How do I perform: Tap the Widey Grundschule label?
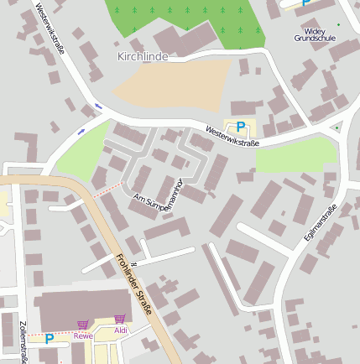[x=316, y=34]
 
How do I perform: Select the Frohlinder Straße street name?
[x=135, y=286]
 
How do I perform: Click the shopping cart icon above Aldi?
[x=119, y=319]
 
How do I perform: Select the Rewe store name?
[x=82, y=335]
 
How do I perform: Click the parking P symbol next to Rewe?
[x=49, y=339]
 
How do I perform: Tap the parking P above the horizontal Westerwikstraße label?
[x=241, y=127]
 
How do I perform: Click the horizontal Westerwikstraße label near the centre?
[x=232, y=137]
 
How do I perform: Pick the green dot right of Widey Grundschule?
[x=339, y=24]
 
